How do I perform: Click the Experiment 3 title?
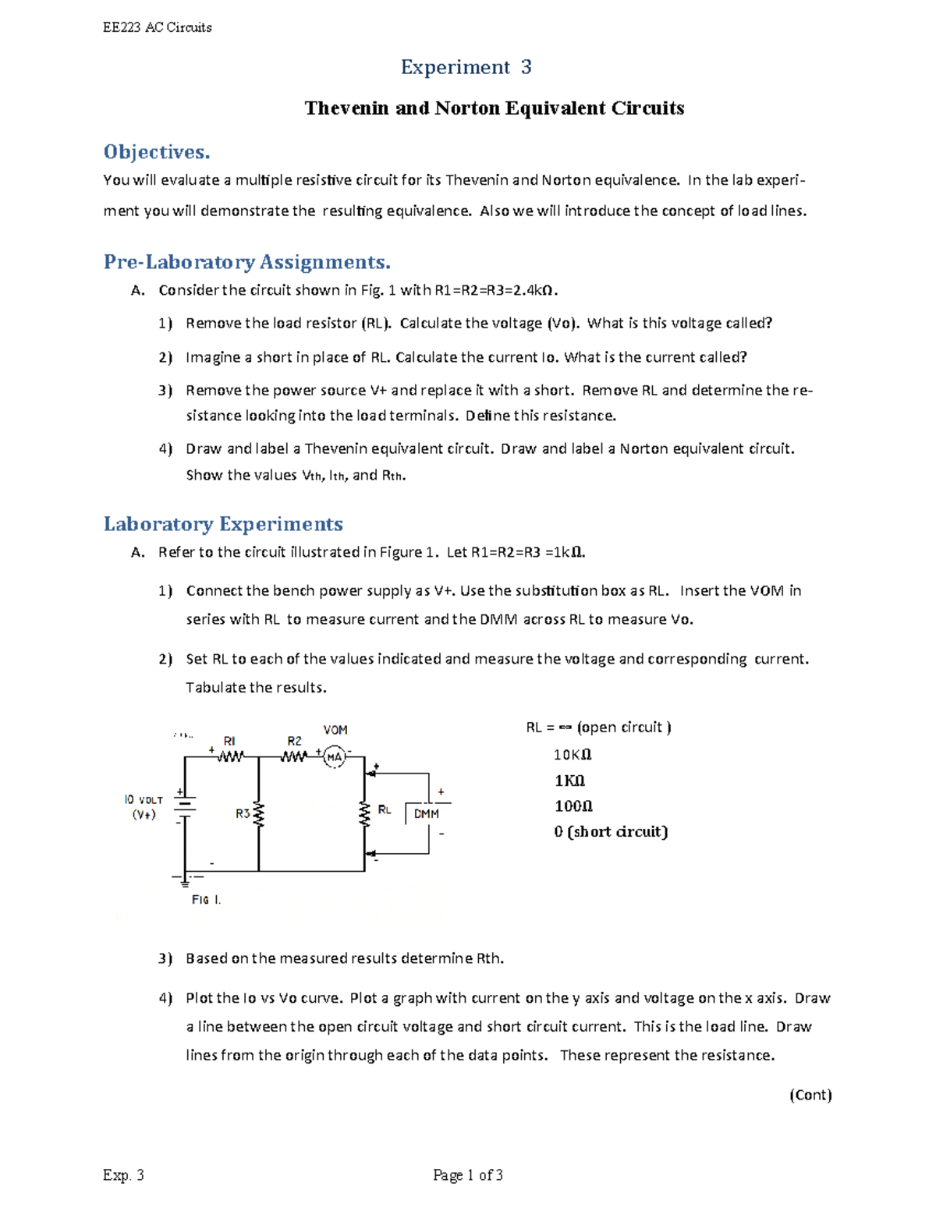pyautogui.click(x=466, y=68)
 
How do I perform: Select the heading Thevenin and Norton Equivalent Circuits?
pyautogui.click(x=494, y=108)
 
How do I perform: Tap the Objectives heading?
pyautogui.click(x=157, y=151)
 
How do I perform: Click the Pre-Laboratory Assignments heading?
pyautogui.click(x=246, y=261)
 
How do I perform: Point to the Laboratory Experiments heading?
pyautogui.click(x=223, y=524)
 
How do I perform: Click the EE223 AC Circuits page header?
pyautogui.click(x=158, y=27)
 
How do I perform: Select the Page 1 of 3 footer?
pyautogui.click(x=468, y=1175)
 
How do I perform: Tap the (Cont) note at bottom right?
pyautogui.click(x=810, y=1095)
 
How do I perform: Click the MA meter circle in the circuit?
pyautogui.click(x=335, y=756)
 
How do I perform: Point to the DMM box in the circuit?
pyautogui.click(x=427, y=814)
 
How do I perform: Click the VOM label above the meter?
pyautogui.click(x=335, y=731)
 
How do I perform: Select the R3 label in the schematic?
pyautogui.click(x=243, y=814)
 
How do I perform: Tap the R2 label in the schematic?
pyautogui.click(x=294, y=741)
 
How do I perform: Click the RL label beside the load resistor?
pyautogui.click(x=385, y=810)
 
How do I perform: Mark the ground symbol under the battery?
pyautogui.click(x=185, y=880)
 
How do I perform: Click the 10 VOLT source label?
pyautogui.click(x=144, y=800)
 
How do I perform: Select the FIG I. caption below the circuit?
pyautogui.click(x=206, y=900)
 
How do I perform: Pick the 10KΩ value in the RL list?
pyautogui.click(x=573, y=755)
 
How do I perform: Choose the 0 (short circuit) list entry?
pyautogui.click(x=611, y=832)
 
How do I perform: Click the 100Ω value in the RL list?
pyautogui.click(x=573, y=806)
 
